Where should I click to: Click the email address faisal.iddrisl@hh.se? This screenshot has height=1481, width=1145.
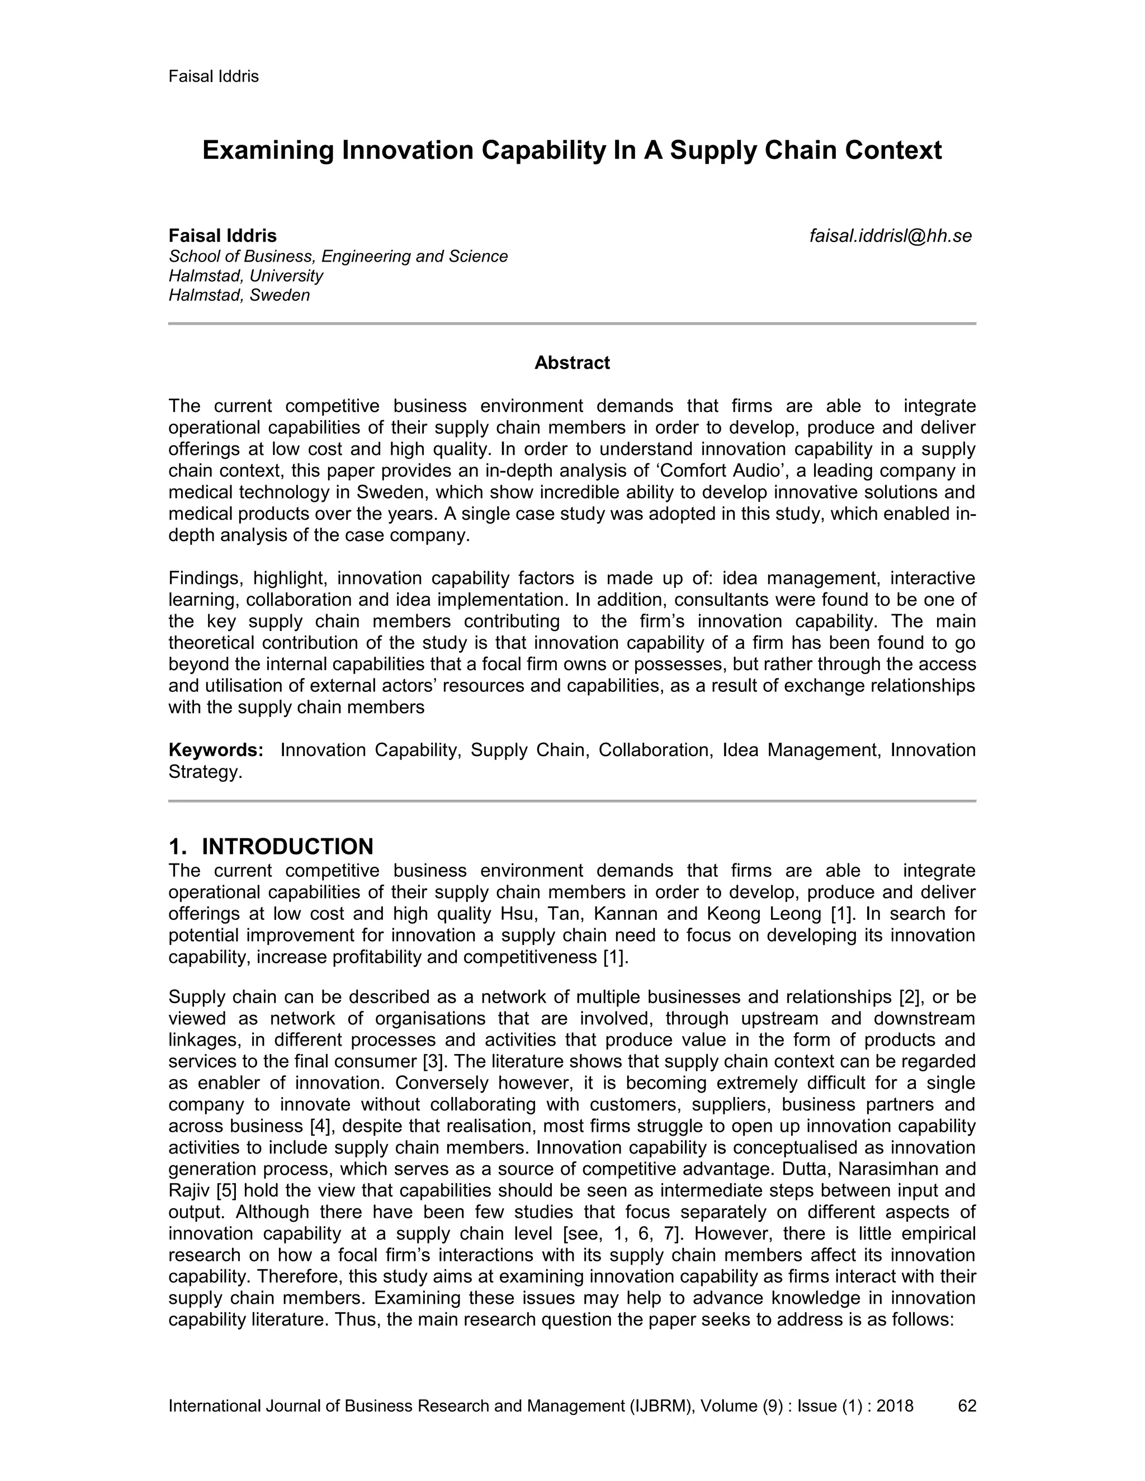(891, 236)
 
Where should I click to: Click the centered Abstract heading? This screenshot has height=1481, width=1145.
(572, 363)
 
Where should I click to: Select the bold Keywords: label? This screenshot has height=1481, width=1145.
(216, 750)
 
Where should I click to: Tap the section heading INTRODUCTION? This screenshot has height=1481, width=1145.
(287, 846)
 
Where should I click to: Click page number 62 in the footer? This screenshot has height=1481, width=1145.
(967, 1406)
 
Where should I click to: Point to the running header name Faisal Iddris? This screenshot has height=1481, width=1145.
(214, 76)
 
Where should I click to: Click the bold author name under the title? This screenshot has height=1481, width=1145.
(223, 236)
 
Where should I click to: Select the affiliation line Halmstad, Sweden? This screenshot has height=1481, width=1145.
(239, 296)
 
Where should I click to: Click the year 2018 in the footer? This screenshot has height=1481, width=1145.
(895, 1406)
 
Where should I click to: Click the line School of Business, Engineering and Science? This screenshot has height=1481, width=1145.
(338, 257)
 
